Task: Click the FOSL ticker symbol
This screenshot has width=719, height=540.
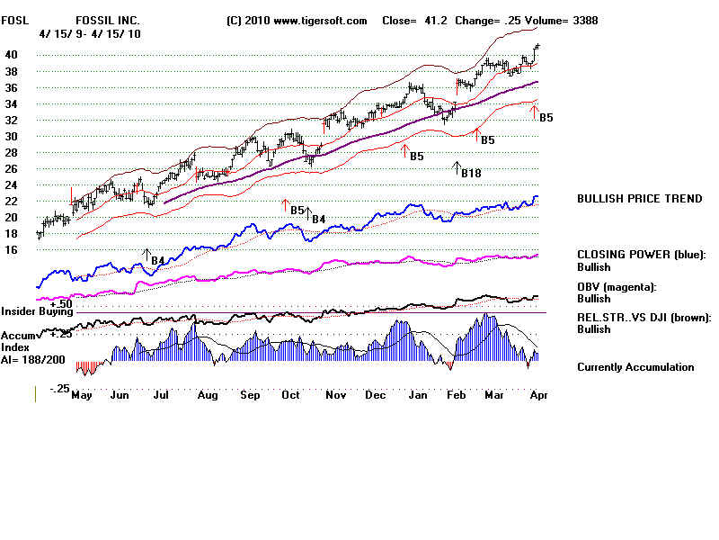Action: [14, 21]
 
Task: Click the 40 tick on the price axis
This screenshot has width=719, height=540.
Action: [12, 54]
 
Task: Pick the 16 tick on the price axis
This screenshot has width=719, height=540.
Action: [12, 249]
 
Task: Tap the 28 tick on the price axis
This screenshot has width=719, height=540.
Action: [12, 152]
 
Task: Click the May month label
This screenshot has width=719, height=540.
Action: [82, 394]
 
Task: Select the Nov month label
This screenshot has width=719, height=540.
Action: [336, 394]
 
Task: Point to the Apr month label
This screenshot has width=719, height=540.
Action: [538, 394]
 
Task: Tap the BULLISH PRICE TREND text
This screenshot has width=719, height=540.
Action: [639, 199]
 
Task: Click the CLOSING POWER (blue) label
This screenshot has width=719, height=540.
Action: [642, 255]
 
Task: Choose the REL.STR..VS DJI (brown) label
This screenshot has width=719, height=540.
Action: [644, 317]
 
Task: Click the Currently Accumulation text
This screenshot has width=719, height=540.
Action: [635, 367]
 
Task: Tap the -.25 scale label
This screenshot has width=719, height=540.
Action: [59, 388]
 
